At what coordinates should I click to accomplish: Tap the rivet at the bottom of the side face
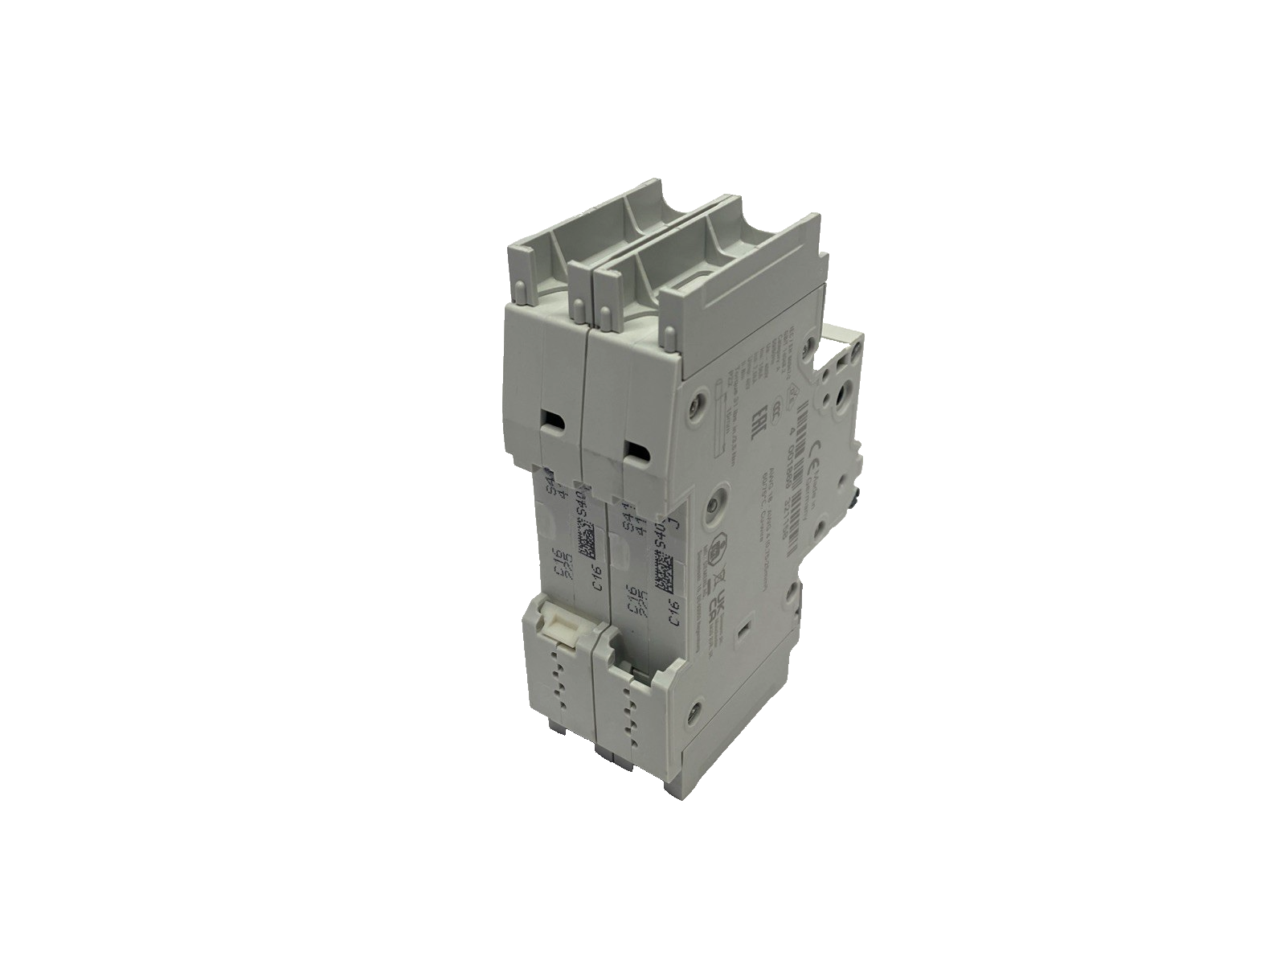tap(694, 711)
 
